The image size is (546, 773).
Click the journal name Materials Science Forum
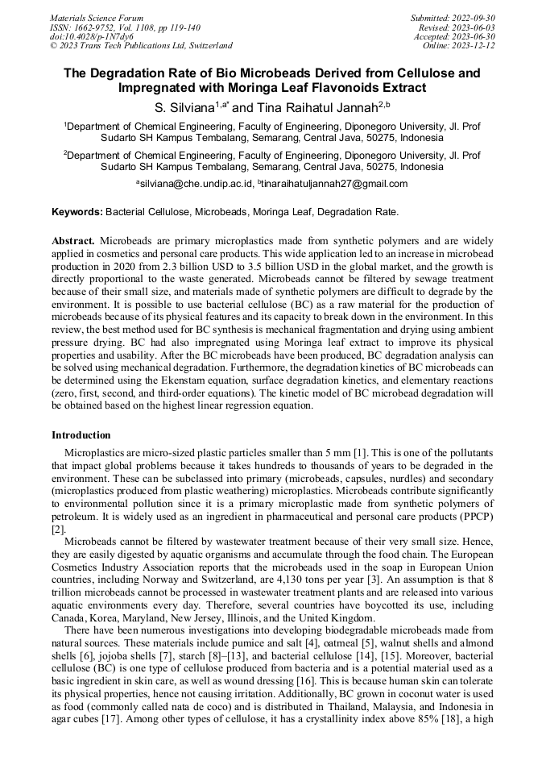(97, 18)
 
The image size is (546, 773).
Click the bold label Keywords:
(77, 212)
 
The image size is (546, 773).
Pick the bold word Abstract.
(74, 241)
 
